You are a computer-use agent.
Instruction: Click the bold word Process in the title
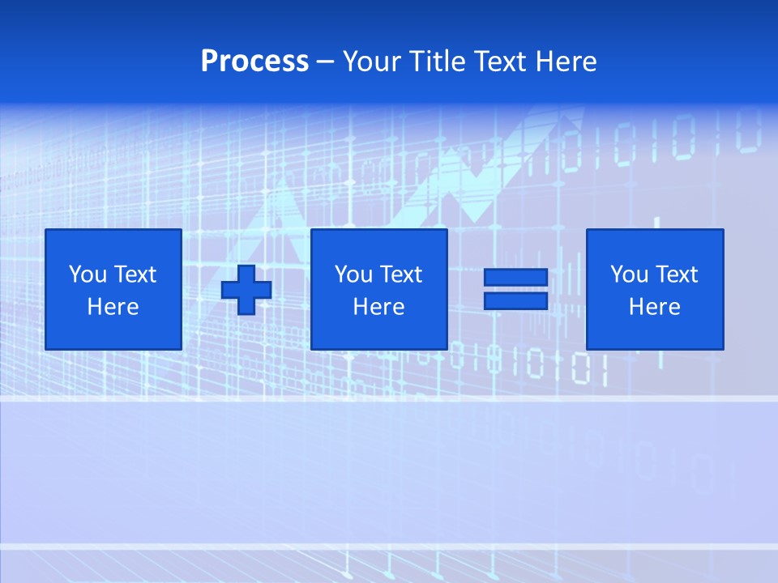(x=254, y=62)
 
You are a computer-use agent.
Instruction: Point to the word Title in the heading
(x=437, y=62)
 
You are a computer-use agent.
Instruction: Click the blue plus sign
(x=246, y=289)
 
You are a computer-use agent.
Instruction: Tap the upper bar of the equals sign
(x=515, y=278)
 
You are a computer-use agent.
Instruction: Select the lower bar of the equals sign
(x=515, y=300)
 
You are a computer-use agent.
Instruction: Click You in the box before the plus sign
(x=87, y=274)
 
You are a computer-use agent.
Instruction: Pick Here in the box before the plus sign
(x=113, y=307)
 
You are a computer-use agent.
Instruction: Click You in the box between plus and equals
(x=353, y=274)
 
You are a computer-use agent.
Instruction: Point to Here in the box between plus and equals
(x=378, y=307)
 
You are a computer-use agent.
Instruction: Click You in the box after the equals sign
(x=628, y=274)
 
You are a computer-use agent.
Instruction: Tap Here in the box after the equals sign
(x=654, y=307)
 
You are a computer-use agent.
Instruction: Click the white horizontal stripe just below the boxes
(x=389, y=398)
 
